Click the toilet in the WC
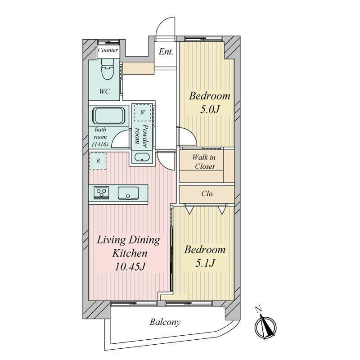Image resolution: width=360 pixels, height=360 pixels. (x=108, y=69)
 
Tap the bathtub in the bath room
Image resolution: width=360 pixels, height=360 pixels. (x=108, y=116)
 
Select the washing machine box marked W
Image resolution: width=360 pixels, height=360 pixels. (x=142, y=112)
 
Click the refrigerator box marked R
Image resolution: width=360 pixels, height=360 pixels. (x=98, y=161)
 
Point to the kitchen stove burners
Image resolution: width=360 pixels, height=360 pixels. (x=101, y=192)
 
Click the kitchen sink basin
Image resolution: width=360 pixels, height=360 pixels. (x=128, y=193)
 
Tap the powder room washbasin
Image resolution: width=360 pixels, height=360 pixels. (x=142, y=157)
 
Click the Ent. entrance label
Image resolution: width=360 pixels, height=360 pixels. (x=166, y=52)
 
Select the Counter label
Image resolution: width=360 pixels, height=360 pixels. (x=108, y=50)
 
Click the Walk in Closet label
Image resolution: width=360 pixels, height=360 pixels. (x=204, y=162)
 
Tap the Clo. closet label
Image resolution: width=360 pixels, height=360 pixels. (x=207, y=194)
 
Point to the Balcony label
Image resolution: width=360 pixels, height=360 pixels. (x=165, y=322)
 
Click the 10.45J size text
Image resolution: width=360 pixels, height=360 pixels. (x=130, y=266)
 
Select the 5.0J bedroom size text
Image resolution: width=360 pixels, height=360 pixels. (x=209, y=109)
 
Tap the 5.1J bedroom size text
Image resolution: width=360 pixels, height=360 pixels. (x=205, y=263)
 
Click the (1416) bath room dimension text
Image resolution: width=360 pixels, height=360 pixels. (x=100, y=144)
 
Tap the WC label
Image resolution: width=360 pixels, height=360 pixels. (x=105, y=91)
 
